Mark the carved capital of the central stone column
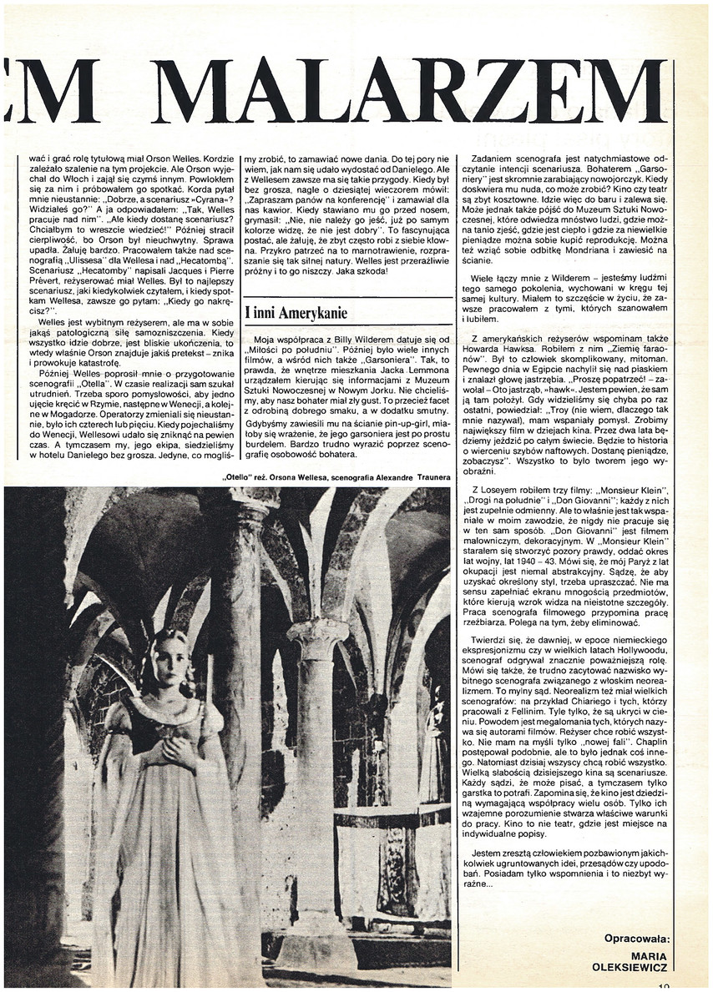click(x=317, y=637)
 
